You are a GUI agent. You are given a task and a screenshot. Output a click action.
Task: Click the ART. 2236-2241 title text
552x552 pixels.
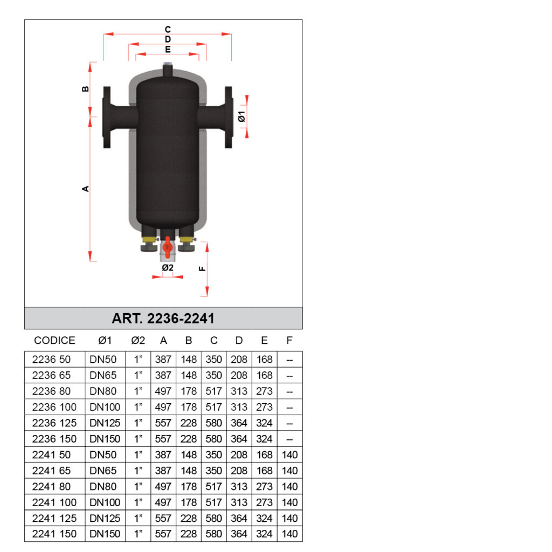click(x=163, y=319)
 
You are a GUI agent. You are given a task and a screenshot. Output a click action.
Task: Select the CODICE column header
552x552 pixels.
click(x=54, y=341)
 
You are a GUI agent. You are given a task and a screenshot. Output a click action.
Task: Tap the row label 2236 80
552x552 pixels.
click(x=51, y=391)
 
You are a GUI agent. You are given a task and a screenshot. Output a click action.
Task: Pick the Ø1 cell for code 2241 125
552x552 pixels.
click(x=105, y=519)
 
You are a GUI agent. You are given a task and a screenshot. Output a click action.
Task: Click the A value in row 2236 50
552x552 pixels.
click(x=163, y=360)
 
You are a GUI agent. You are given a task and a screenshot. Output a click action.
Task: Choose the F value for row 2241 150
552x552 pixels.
click(x=289, y=534)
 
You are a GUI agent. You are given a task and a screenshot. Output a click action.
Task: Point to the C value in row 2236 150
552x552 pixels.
click(x=213, y=439)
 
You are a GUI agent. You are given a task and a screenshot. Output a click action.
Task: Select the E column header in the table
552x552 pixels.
click(x=264, y=341)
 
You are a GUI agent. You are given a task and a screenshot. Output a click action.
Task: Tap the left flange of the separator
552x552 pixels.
click(x=107, y=117)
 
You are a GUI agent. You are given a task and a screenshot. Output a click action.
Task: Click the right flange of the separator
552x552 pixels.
click(x=229, y=117)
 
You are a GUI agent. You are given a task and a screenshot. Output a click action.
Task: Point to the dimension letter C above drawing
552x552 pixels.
click(x=168, y=29)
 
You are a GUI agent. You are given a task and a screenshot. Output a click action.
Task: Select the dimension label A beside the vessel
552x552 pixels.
click(x=85, y=189)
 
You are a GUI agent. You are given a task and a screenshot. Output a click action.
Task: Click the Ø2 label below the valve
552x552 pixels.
click(x=168, y=267)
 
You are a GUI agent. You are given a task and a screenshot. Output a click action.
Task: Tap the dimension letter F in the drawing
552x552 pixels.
click(x=203, y=268)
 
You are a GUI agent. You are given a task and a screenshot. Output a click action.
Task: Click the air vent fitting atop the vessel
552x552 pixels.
click(x=168, y=70)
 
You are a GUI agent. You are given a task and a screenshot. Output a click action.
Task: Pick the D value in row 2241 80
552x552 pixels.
click(x=239, y=487)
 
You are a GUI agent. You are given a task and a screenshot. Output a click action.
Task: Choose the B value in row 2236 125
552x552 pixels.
click(x=188, y=423)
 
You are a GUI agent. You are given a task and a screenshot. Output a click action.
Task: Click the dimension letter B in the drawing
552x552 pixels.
click(x=85, y=89)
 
